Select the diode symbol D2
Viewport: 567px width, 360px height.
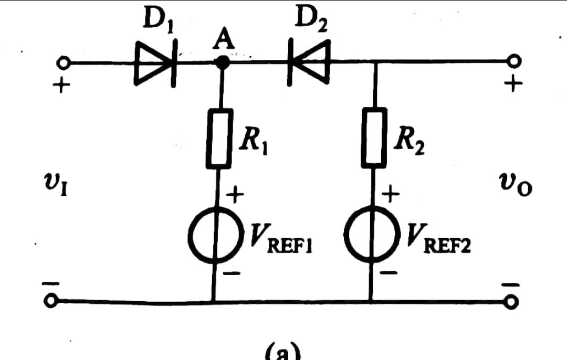(309, 63)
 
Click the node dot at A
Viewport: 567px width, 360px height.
(223, 62)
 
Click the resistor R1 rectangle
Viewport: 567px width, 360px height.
(218, 138)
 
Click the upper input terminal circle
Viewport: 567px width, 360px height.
(64, 63)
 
